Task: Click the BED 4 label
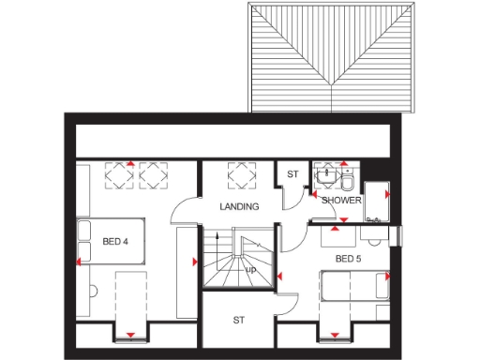(114, 242)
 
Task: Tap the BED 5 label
(348, 258)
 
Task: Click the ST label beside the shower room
(292, 174)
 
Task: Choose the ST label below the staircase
(239, 321)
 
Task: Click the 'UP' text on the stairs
(250, 271)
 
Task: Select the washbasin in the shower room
(326, 174)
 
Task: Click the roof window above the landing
(241, 174)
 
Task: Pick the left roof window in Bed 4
(119, 175)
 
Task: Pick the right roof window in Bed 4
(152, 175)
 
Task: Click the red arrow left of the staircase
(198, 262)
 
